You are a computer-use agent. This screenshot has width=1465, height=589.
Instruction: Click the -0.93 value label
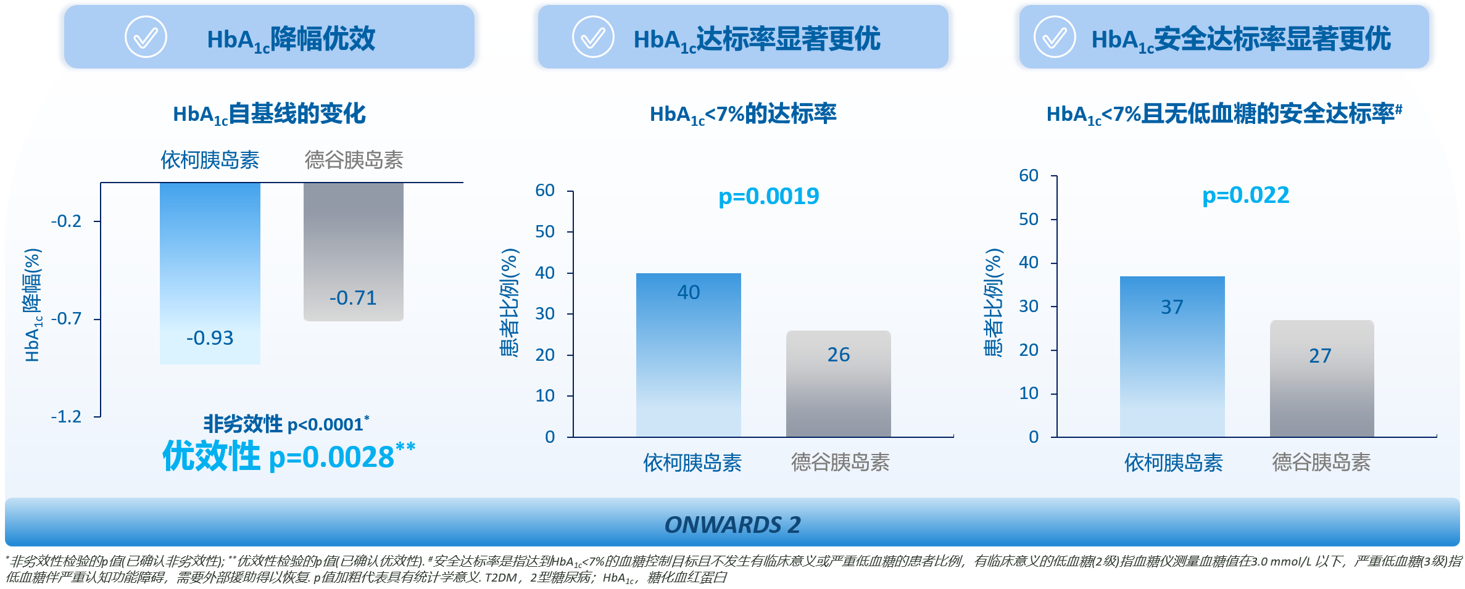[210, 338]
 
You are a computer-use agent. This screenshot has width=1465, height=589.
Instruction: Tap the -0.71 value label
[353, 298]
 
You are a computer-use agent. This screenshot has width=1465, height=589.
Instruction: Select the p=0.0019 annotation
[768, 196]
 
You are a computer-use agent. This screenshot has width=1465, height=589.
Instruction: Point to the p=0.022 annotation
[1245, 195]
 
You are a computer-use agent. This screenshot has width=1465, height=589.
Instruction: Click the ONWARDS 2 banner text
[732, 525]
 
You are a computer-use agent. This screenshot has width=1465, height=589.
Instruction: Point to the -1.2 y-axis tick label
[66, 417]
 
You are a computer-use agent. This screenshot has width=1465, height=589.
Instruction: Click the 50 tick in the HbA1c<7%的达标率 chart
[545, 232]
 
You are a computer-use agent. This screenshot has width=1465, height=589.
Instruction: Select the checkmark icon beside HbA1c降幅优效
[146, 37]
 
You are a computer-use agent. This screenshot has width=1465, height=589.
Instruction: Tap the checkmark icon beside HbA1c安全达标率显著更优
[1055, 37]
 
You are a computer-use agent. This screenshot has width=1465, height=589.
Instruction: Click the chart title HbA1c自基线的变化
[269, 114]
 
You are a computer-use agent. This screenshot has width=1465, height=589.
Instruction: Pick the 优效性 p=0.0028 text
[288, 456]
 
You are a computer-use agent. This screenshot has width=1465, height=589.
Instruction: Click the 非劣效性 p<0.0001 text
[286, 424]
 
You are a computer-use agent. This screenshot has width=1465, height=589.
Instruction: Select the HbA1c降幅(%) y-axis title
[33, 305]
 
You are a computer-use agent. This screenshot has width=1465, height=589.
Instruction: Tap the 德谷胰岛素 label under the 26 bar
[840, 462]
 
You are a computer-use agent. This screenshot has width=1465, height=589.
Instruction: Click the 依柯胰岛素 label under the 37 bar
[1173, 462]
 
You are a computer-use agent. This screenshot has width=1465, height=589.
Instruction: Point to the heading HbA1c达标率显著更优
[757, 39]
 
